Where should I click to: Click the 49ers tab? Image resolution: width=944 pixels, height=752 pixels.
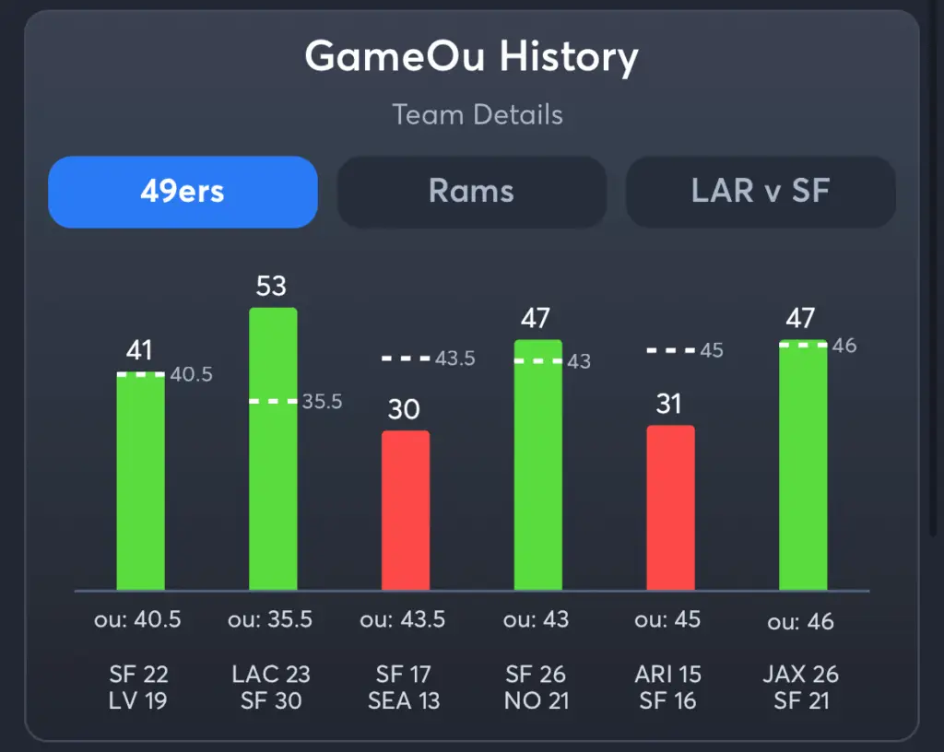pos(183,192)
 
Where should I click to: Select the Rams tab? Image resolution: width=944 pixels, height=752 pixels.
pos(471,192)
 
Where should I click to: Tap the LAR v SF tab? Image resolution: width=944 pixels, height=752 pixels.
pos(761,192)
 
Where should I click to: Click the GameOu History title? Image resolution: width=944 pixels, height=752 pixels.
pos(471,57)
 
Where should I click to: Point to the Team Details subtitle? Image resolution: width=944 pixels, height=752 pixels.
pos(477,115)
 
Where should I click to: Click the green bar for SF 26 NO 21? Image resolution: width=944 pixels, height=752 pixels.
pos(537,465)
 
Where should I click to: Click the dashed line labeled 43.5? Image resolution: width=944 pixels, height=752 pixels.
pos(406,358)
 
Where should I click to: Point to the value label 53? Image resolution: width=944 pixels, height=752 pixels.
pos(271,286)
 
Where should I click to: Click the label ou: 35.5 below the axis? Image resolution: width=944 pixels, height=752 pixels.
pos(270,619)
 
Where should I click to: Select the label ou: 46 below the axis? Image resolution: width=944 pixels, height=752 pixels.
pos(800,622)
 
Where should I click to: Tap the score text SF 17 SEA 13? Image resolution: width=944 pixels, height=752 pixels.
pos(403,687)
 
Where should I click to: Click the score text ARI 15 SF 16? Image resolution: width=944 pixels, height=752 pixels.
pos(668,687)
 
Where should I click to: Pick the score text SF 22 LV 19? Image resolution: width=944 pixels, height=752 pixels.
pos(138,687)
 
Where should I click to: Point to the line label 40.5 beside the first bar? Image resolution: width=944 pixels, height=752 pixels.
pos(192,374)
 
